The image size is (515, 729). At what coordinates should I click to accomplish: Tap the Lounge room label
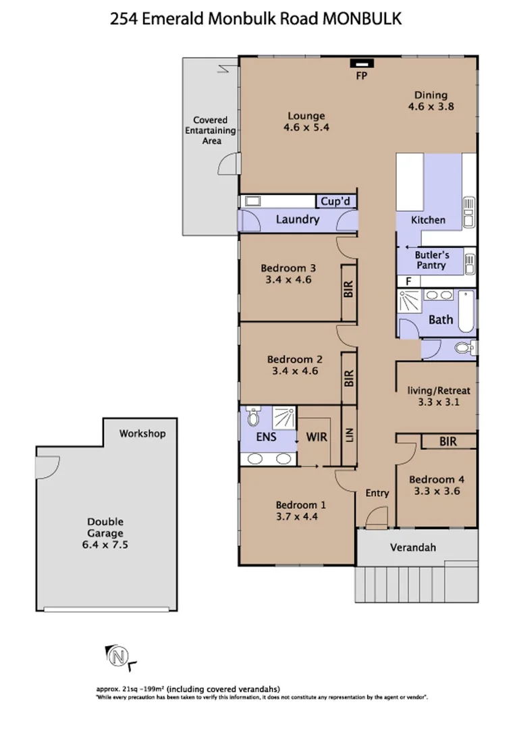pyautogui.click(x=306, y=115)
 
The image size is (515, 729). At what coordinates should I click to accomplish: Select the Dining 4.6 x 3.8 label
pyautogui.click(x=431, y=95)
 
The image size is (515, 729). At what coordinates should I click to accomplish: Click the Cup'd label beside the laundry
pyautogui.click(x=336, y=201)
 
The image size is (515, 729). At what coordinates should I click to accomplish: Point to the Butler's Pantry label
pyautogui.click(x=431, y=260)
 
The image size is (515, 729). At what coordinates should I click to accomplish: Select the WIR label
pyautogui.click(x=317, y=437)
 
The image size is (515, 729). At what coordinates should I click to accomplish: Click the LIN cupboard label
pyautogui.click(x=349, y=436)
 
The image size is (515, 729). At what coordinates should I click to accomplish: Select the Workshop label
pyautogui.click(x=142, y=433)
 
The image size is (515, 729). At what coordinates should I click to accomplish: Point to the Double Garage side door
pyautogui.click(x=47, y=466)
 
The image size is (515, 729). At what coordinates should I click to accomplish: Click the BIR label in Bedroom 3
pyautogui.click(x=349, y=290)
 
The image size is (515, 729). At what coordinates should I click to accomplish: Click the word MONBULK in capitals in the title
pyautogui.click(x=362, y=20)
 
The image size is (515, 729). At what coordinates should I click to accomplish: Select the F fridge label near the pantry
pyautogui.click(x=407, y=281)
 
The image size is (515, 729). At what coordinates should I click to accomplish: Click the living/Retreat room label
pyautogui.click(x=439, y=390)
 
